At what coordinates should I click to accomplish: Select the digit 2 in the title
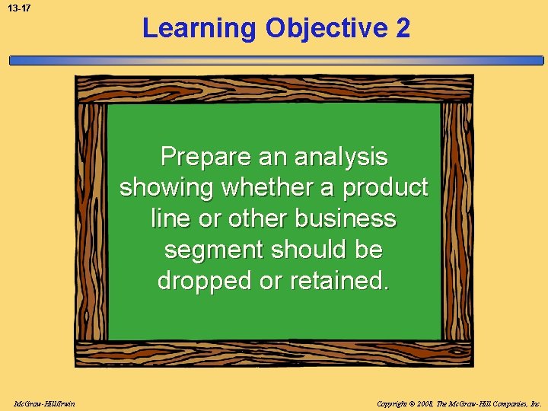[x=403, y=29]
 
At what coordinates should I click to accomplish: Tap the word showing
[x=167, y=188]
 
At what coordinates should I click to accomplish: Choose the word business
[x=346, y=219]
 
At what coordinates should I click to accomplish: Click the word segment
[x=214, y=250]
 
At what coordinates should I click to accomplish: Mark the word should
[x=311, y=250]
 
